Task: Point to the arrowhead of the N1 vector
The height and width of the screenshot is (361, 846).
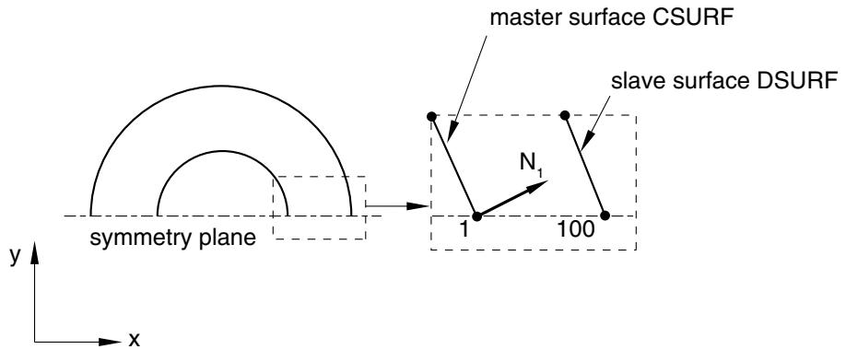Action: (540, 186)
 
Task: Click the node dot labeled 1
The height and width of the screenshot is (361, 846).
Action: (476, 216)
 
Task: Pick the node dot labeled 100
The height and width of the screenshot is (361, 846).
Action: (605, 215)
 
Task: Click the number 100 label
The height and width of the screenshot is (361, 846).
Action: (576, 229)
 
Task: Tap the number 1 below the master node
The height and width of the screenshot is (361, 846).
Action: (464, 229)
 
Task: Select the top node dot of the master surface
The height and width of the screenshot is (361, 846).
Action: (430, 116)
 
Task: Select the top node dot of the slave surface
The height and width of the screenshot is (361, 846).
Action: (565, 115)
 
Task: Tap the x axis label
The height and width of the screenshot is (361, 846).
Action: (135, 340)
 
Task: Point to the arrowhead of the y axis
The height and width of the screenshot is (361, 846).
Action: (35, 251)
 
